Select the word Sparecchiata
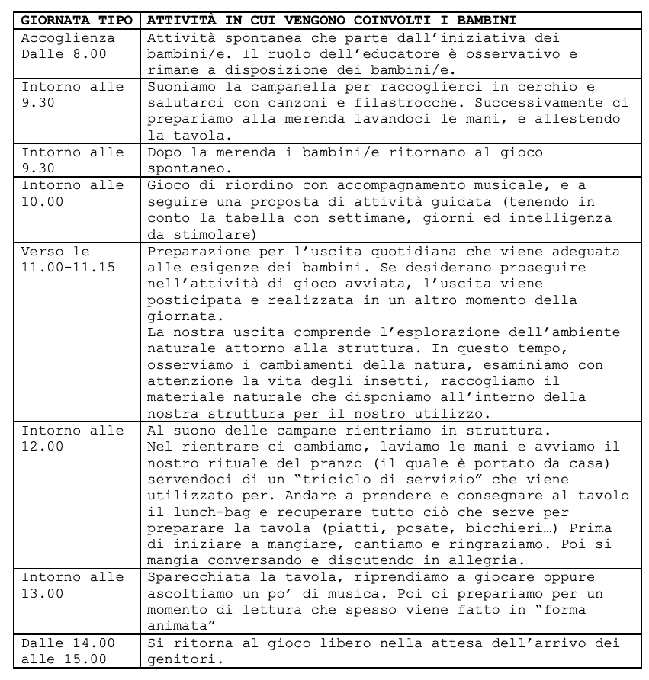click(189, 577)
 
